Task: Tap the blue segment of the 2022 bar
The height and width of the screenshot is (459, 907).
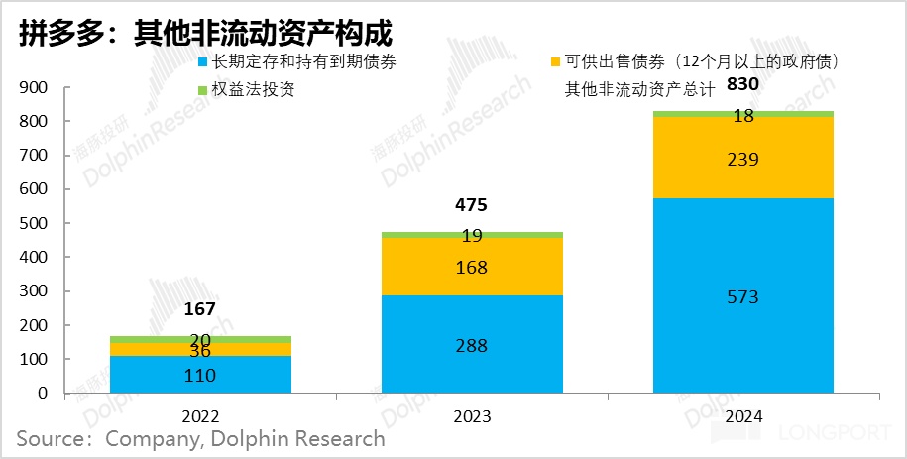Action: [x=199, y=375]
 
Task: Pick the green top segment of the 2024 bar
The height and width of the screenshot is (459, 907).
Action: [x=743, y=114]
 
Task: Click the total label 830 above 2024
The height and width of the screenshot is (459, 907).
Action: [x=742, y=85]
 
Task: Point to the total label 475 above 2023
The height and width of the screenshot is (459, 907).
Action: [x=471, y=206]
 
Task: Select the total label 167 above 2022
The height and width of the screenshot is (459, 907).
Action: [x=199, y=309]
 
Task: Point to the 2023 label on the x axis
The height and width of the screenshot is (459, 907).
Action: [x=472, y=416]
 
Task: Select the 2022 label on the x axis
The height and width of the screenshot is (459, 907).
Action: [x=199, y=416]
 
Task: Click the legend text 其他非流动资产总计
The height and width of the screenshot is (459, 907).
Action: [x=639, y=90]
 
